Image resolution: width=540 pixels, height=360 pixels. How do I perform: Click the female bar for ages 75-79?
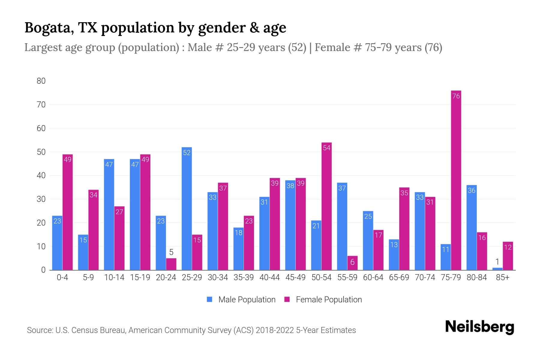pyautogui.click(x=456, y=180)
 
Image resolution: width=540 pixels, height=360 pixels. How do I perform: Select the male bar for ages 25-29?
pyautogui.click(x=187, y=210)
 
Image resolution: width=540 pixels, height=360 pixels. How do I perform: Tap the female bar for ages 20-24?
pyautogui.click(x=171, y=264)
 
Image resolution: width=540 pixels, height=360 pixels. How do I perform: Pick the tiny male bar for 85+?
pyautogui.click(x=497, y=269)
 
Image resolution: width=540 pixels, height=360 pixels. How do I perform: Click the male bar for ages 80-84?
pyautogui.click(x=472, y=228)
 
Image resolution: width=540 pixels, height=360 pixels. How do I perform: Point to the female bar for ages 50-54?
pyautogui.click(x=326, y=207)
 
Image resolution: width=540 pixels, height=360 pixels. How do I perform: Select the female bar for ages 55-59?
pyautogui.click(x=352, y=263)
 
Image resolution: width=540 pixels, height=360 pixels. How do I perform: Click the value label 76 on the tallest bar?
pyautogui.click(x=456, y=96)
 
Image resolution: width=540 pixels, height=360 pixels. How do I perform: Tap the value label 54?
pyautogui.click(x=326, y=148)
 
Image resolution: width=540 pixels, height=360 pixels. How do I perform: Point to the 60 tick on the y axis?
pyautogui.click(x=41, y=128)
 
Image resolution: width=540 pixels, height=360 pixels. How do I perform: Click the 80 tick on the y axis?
pyautogui.click(x=41, y=81)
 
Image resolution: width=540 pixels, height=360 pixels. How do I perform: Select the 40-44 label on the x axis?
pyautogui.click(x=269, y=277)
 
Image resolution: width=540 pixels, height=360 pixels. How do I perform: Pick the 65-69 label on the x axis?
pyautogui.click(x=399, y=277)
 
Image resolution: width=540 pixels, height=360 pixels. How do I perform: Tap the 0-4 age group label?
pyautogui.click(x=62, y=277)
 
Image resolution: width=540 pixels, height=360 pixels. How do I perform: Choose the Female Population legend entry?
pyautogui.click(x=323, y=299)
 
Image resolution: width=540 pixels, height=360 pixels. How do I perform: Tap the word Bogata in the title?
pyautogui.click(x=49, y=28)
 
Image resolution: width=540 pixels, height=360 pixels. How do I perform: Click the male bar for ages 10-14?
pyautogui.click(x=109, y=214)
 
